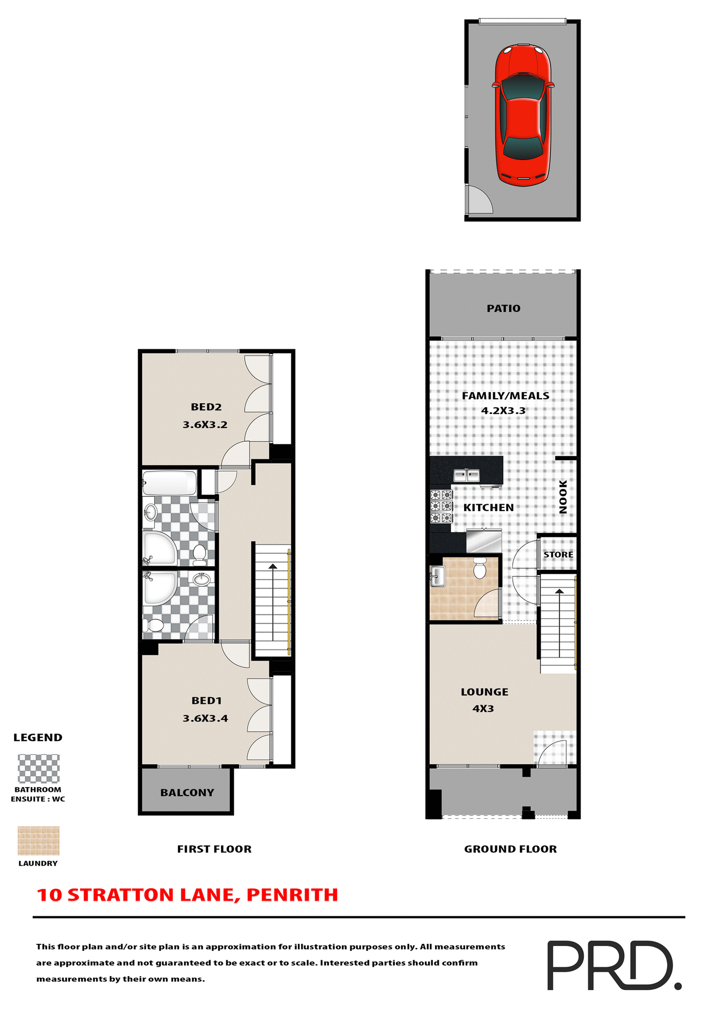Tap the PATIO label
[503, 308]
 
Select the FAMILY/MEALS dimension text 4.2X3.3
[503, 411]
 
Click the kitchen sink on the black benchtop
[466, 475]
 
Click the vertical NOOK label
[563, 496]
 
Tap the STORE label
[558, 555]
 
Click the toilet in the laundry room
[480, 568]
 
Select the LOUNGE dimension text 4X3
[483, 709]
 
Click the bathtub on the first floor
[170, 483]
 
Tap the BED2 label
[206, 407]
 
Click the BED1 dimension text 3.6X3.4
[205, 718]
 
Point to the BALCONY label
[187, 792]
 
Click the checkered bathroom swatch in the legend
[39, 769]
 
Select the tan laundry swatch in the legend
[39, 841]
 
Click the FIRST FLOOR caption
[214, 849]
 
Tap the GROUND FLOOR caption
[510, 849]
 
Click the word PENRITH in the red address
[292, 895]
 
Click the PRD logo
[613, 965]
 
